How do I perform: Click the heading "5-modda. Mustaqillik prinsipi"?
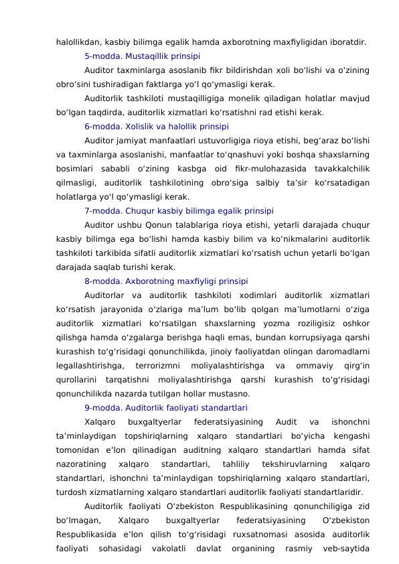click(142, 56)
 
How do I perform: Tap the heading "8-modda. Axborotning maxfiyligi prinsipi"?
click(166, 281)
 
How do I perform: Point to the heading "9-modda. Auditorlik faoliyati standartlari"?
click(166, 407)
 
